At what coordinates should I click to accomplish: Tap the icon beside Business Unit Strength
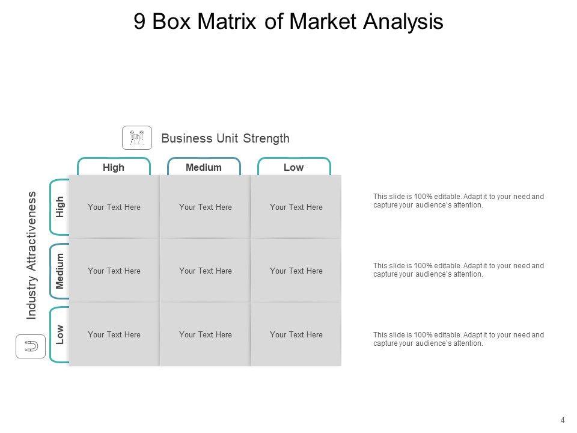[x=137, y=138]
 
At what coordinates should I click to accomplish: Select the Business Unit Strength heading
[x=225, y=138]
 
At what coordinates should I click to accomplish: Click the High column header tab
[x=114, y=167]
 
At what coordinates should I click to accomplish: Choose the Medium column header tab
[x=204, y=167]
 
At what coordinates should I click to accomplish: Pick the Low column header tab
[x=293, y=167]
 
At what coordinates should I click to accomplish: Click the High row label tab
[x=60, y=207]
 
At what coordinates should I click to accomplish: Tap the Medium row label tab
[x=60, y=271]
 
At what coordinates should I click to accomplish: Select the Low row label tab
[x=60, y=334]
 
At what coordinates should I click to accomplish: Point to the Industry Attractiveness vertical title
[x=32, y=255]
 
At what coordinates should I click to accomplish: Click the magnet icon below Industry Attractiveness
[x=31, y=347]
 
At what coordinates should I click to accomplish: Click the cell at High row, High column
[x=114, y=207]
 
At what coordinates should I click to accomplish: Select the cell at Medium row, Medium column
[x=206, y=271]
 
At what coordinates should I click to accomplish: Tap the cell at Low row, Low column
[x=296, y=334]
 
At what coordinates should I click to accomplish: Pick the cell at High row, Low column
[x=296, y=207]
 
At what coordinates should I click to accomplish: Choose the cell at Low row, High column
[x=114, y=334]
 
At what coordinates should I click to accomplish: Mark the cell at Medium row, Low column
[x=296, y=271]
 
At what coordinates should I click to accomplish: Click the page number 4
[x=563, y=420]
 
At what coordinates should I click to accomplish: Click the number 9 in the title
[x=139, y=22]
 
